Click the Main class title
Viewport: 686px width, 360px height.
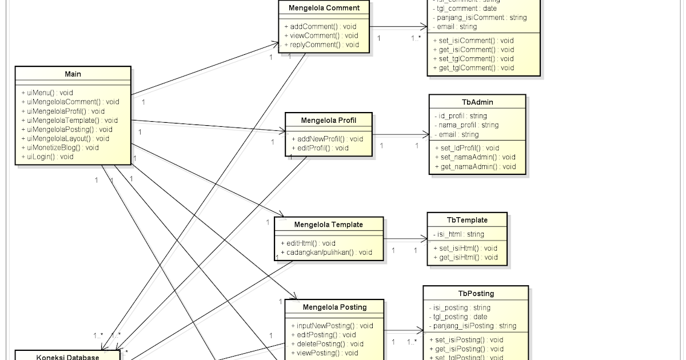click(73, 74)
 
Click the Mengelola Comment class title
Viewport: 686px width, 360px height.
click(324, 8)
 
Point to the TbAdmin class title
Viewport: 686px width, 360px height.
click(477, 102)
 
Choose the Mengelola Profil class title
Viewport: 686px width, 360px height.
click(329, 121)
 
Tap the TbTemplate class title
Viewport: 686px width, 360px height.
click(467, 220)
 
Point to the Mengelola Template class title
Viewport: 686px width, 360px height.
click(329, 225)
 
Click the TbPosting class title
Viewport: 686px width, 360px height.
click(476, 294)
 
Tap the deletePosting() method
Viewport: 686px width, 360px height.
click(323, 344)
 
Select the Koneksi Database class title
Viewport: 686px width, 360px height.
click(67, 357)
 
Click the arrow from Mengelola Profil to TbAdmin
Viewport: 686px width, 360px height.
click(400, 135)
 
